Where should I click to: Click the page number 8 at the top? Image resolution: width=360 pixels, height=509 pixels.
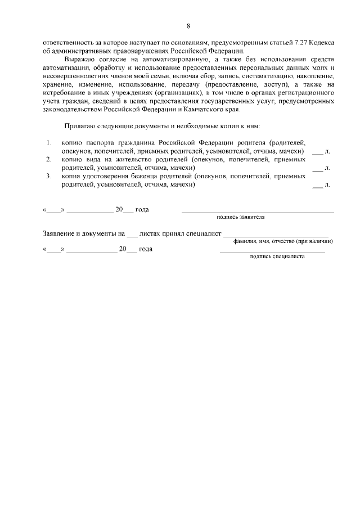188,26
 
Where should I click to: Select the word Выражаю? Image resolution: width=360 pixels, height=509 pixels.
79,60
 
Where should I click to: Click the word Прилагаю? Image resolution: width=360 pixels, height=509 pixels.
80,127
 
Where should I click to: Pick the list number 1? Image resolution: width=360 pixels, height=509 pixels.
49,143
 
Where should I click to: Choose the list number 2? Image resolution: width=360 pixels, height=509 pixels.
49,160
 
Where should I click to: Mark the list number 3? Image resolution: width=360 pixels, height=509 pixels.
49,176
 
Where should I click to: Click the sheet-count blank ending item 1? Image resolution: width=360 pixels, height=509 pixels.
318,152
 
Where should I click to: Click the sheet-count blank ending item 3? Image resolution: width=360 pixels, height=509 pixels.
318,185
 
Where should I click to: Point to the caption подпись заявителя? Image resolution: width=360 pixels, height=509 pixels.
241,217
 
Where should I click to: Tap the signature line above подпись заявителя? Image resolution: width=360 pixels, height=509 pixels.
257,211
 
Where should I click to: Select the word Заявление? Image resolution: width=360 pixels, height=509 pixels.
61,233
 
